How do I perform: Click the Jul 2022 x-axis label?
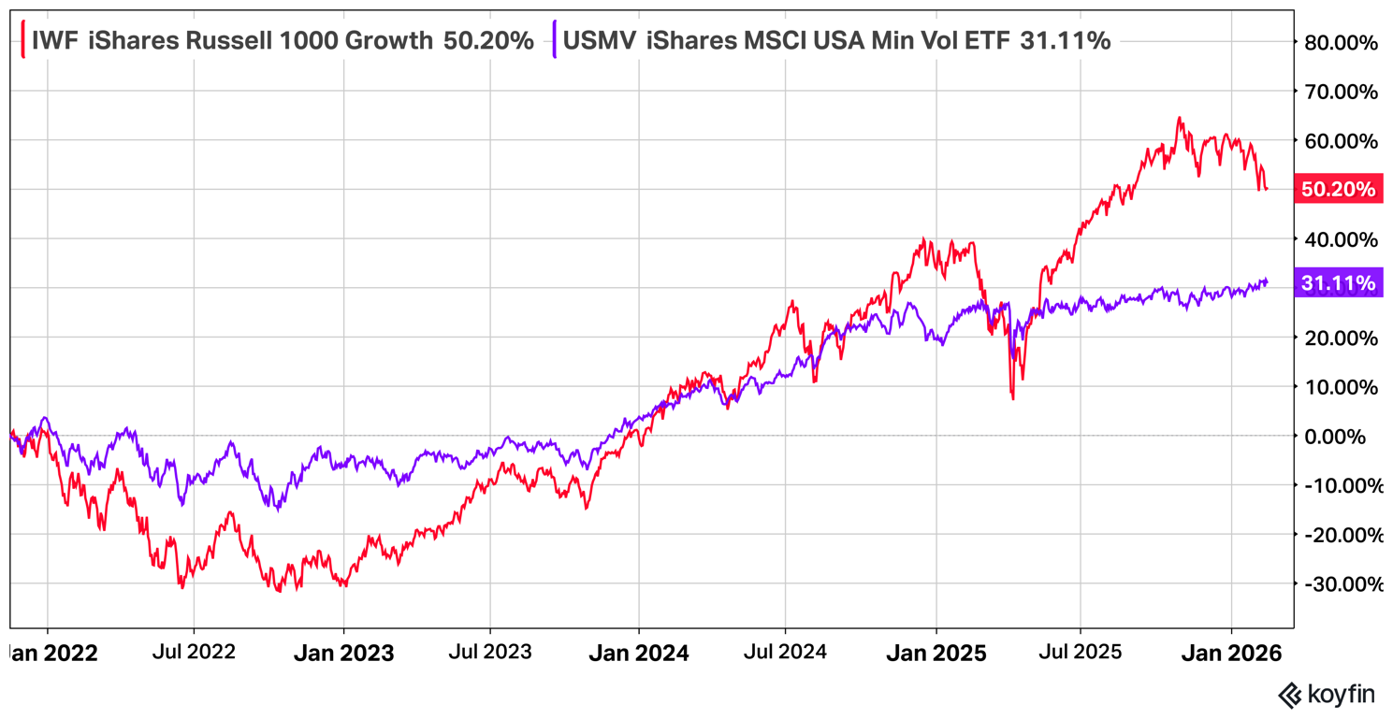[x=194, y=652]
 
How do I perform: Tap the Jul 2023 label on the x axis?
[x=489, y=652]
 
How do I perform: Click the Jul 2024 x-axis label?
[x=786, y=652]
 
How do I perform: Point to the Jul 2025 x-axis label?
[x=1081, y=652]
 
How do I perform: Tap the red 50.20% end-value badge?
[x=1338, y=190]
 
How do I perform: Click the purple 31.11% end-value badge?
[x=1338, y=283]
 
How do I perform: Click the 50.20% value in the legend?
[x=488, y=40]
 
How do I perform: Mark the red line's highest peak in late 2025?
[x=1180, y=118]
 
